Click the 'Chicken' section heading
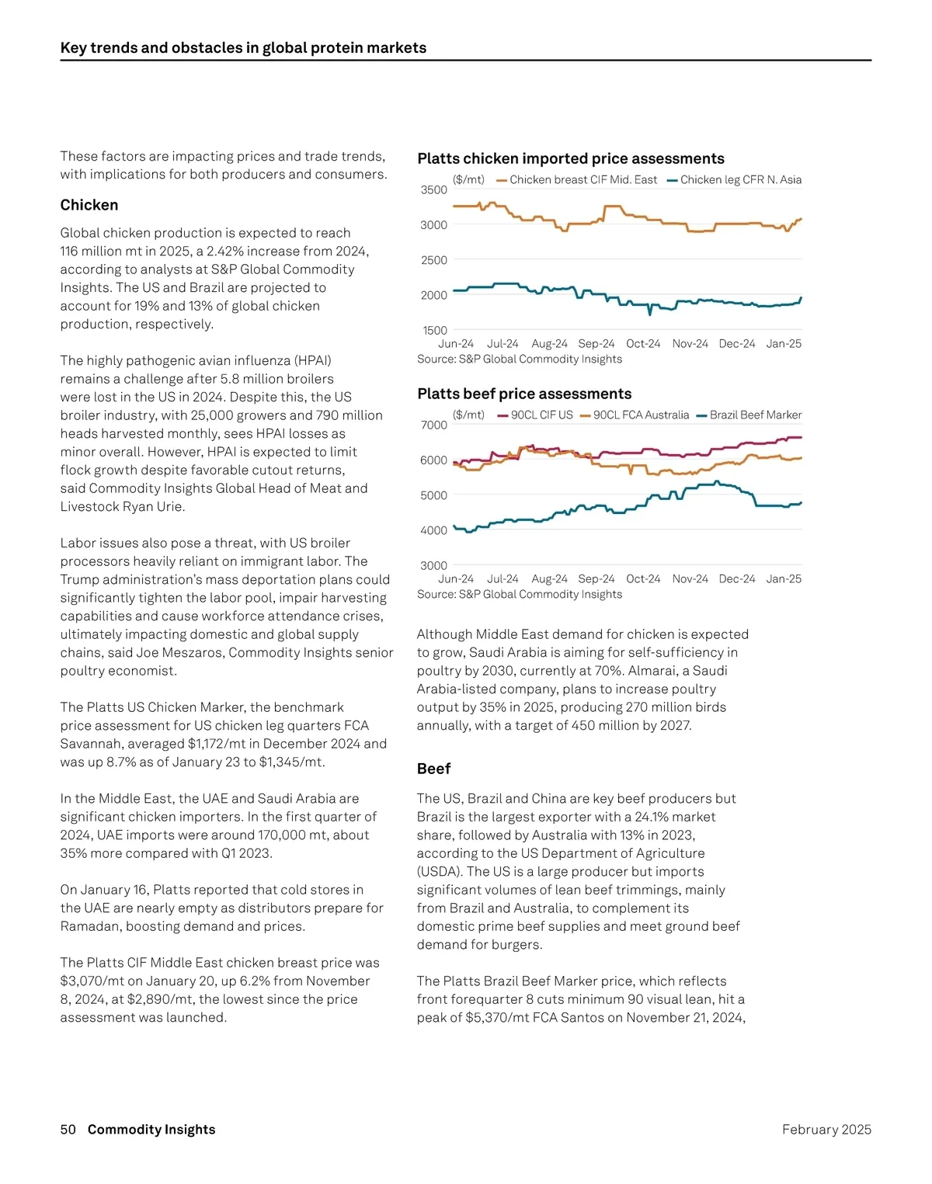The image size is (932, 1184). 89,205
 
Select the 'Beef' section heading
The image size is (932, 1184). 433,769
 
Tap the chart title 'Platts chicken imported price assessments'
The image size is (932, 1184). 571,158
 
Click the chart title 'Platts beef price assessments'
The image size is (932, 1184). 524,394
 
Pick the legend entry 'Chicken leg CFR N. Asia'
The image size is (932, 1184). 740,179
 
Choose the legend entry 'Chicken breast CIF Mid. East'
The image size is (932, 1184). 582,179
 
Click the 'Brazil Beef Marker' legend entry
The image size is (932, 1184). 755,415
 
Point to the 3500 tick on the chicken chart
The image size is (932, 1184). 434,189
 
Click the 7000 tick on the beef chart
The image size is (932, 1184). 434,425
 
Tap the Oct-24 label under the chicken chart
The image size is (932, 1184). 643,343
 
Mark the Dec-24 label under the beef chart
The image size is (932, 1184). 737,578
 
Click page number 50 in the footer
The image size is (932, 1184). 68,1130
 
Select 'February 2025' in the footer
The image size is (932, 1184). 826,1130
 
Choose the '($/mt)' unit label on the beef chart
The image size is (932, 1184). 468,415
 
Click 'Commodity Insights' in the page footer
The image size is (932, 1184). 151,1130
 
